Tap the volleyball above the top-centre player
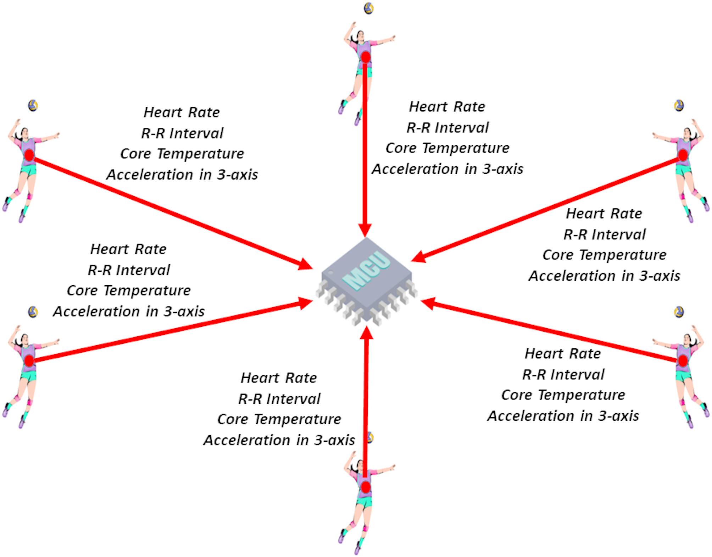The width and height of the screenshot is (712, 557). tap(369, 9)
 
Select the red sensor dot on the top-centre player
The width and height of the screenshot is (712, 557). tap(366, 57)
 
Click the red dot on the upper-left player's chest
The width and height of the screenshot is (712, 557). tap(29, 155)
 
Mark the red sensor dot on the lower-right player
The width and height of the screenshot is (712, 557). tap(683, 361)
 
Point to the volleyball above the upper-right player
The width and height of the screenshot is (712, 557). tap(679, 105)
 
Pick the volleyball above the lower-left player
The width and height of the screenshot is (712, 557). tap(33, 312)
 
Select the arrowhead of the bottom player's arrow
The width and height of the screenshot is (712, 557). tap(367, 333)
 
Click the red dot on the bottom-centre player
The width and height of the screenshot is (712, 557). tap(366, 487)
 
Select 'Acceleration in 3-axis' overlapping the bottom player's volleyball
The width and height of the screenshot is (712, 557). tap(279, 440)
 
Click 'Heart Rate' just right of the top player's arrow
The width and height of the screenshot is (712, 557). tap(447, 107)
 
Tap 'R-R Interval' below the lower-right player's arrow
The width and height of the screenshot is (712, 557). tap(563, 375)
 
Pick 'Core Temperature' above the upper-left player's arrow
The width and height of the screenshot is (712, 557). tap(182, 154)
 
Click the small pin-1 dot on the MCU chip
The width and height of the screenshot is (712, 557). tap(331, 273)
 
